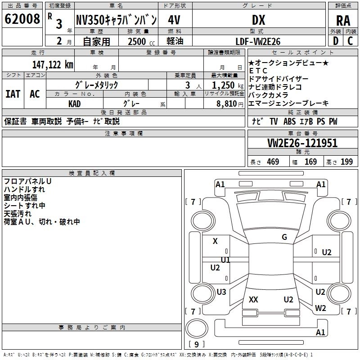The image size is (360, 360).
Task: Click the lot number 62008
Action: tap(22, 19)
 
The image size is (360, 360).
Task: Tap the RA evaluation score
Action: tap(343, 21)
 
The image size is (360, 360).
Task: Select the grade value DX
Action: tap(258, 20)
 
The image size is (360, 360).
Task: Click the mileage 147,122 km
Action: tap(53, 65)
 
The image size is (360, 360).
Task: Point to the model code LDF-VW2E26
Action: tap(258, 41)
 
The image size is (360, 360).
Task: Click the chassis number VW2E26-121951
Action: tap(302, 143)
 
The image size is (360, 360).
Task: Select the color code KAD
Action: tap(74, 104)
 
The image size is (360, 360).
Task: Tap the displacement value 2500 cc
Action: tap(141, 41)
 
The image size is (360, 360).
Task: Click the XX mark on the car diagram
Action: tap(253, 300)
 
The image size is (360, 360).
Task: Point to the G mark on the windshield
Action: tap(284, 237)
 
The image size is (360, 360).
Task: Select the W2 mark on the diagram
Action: tap(320, 308)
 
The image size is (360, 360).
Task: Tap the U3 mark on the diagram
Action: tap(221, 292)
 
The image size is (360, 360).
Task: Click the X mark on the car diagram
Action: tap(215, 241)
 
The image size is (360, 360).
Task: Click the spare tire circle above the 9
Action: tap(197, 328)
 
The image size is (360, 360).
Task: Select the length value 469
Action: tap(273, 162)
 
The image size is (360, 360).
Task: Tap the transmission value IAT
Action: tap(13, 94)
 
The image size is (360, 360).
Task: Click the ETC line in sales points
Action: tap(258, 71)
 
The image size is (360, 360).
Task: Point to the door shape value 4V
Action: tap(174, 20)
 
